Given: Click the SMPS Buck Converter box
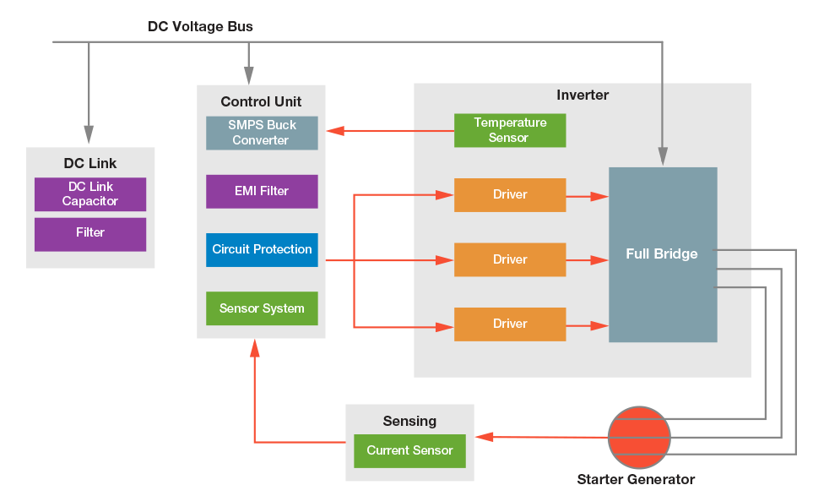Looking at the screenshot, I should tap(262, 133).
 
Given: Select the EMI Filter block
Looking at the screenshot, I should tap(262, 191).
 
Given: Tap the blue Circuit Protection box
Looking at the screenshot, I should tap(262, 249).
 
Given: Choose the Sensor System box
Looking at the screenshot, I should tap(262, 308).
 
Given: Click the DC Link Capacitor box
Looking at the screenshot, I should tap(90, 194).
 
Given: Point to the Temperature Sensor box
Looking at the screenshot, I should tap(510, 130).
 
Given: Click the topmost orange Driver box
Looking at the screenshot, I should tap(510, 195).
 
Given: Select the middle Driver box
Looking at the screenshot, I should tap(510, 259).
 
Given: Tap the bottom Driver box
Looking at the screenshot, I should tap(510, 324).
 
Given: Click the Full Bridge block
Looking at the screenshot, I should tap(663, 254).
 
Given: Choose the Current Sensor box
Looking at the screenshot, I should tap(410, 450).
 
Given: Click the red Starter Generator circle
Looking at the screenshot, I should tap(639, 438).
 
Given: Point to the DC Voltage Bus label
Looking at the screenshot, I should tap(200, 27).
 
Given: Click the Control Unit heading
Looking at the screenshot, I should tap(261, 102).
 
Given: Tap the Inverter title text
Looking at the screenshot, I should tap(583, 95).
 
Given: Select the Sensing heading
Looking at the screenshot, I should tap(409, 421).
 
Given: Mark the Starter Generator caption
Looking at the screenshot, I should tap(636, 480).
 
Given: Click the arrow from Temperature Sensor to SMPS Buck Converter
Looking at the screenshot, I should tap(389, 131).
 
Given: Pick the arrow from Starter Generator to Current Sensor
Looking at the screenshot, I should tap(541, 437).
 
